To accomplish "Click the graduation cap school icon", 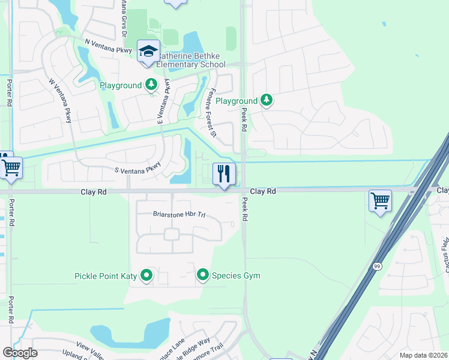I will (148, 50).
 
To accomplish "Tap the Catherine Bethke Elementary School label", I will (182, 60).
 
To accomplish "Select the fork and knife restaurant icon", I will (224, 174).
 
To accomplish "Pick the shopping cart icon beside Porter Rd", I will (11, 167).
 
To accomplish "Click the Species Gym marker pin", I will (203, 276).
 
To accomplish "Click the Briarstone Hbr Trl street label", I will (179, 214).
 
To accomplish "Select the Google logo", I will (20, 353).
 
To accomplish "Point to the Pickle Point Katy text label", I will (105, 276).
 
